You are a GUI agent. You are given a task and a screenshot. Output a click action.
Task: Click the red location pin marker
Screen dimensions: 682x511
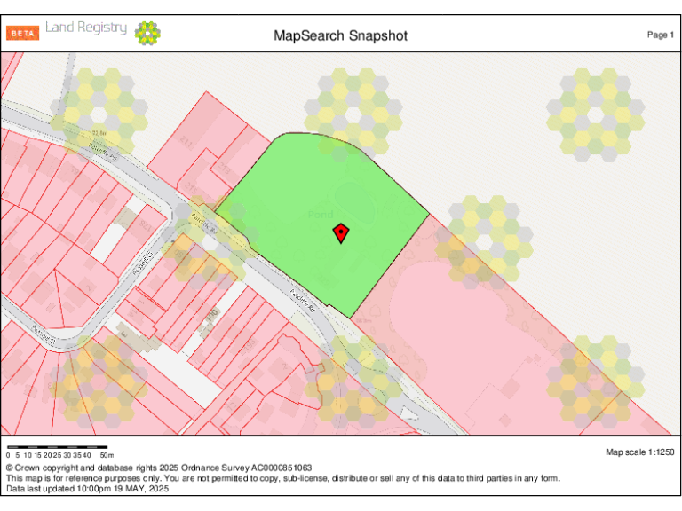340,233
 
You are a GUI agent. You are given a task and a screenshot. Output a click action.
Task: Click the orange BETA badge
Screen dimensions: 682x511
23,34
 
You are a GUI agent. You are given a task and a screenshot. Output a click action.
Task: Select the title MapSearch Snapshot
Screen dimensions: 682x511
340,35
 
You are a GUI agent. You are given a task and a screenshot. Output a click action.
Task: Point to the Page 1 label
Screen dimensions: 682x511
660,35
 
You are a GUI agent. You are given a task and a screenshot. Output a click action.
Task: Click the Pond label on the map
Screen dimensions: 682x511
321,215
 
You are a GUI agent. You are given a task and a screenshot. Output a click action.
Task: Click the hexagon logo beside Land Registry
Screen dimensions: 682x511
147,34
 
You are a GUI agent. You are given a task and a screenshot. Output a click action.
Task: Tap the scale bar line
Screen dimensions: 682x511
57,446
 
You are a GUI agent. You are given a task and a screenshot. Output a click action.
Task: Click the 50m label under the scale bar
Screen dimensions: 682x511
106,455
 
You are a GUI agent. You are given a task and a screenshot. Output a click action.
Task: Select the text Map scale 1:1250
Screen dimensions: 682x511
639,452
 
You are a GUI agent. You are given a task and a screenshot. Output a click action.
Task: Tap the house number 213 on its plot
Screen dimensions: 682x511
224,168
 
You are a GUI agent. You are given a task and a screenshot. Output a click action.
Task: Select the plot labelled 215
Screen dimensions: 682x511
190,188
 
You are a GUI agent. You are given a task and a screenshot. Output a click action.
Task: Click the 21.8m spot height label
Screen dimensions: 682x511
99,134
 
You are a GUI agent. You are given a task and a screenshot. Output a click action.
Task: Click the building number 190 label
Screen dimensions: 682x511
211,315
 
